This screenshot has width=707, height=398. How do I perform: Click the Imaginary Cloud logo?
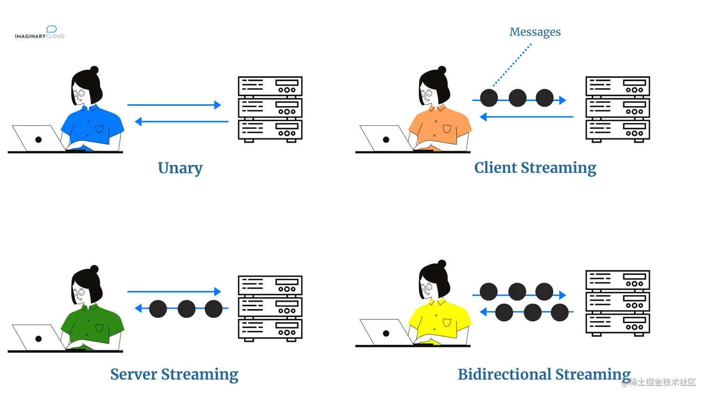39,33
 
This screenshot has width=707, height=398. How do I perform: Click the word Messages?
535,32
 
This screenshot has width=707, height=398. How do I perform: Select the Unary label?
180,168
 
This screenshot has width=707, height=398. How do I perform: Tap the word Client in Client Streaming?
496,167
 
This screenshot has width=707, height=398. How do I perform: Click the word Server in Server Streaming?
134,374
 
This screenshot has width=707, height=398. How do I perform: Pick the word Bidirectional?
505,374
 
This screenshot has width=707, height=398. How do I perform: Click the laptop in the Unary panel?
38,138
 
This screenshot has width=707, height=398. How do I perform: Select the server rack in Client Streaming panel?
618,109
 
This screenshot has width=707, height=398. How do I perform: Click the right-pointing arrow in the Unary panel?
174,105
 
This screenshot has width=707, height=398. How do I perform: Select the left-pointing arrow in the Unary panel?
181,121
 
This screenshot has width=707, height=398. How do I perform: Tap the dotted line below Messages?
512,65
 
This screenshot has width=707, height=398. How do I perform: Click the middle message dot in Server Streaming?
187,309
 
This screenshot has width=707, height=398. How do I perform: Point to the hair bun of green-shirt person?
94,269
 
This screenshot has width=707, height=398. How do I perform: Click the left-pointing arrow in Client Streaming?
527,117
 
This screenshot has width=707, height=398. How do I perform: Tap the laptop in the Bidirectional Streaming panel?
386,333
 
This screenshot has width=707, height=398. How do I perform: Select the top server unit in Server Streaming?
270,285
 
